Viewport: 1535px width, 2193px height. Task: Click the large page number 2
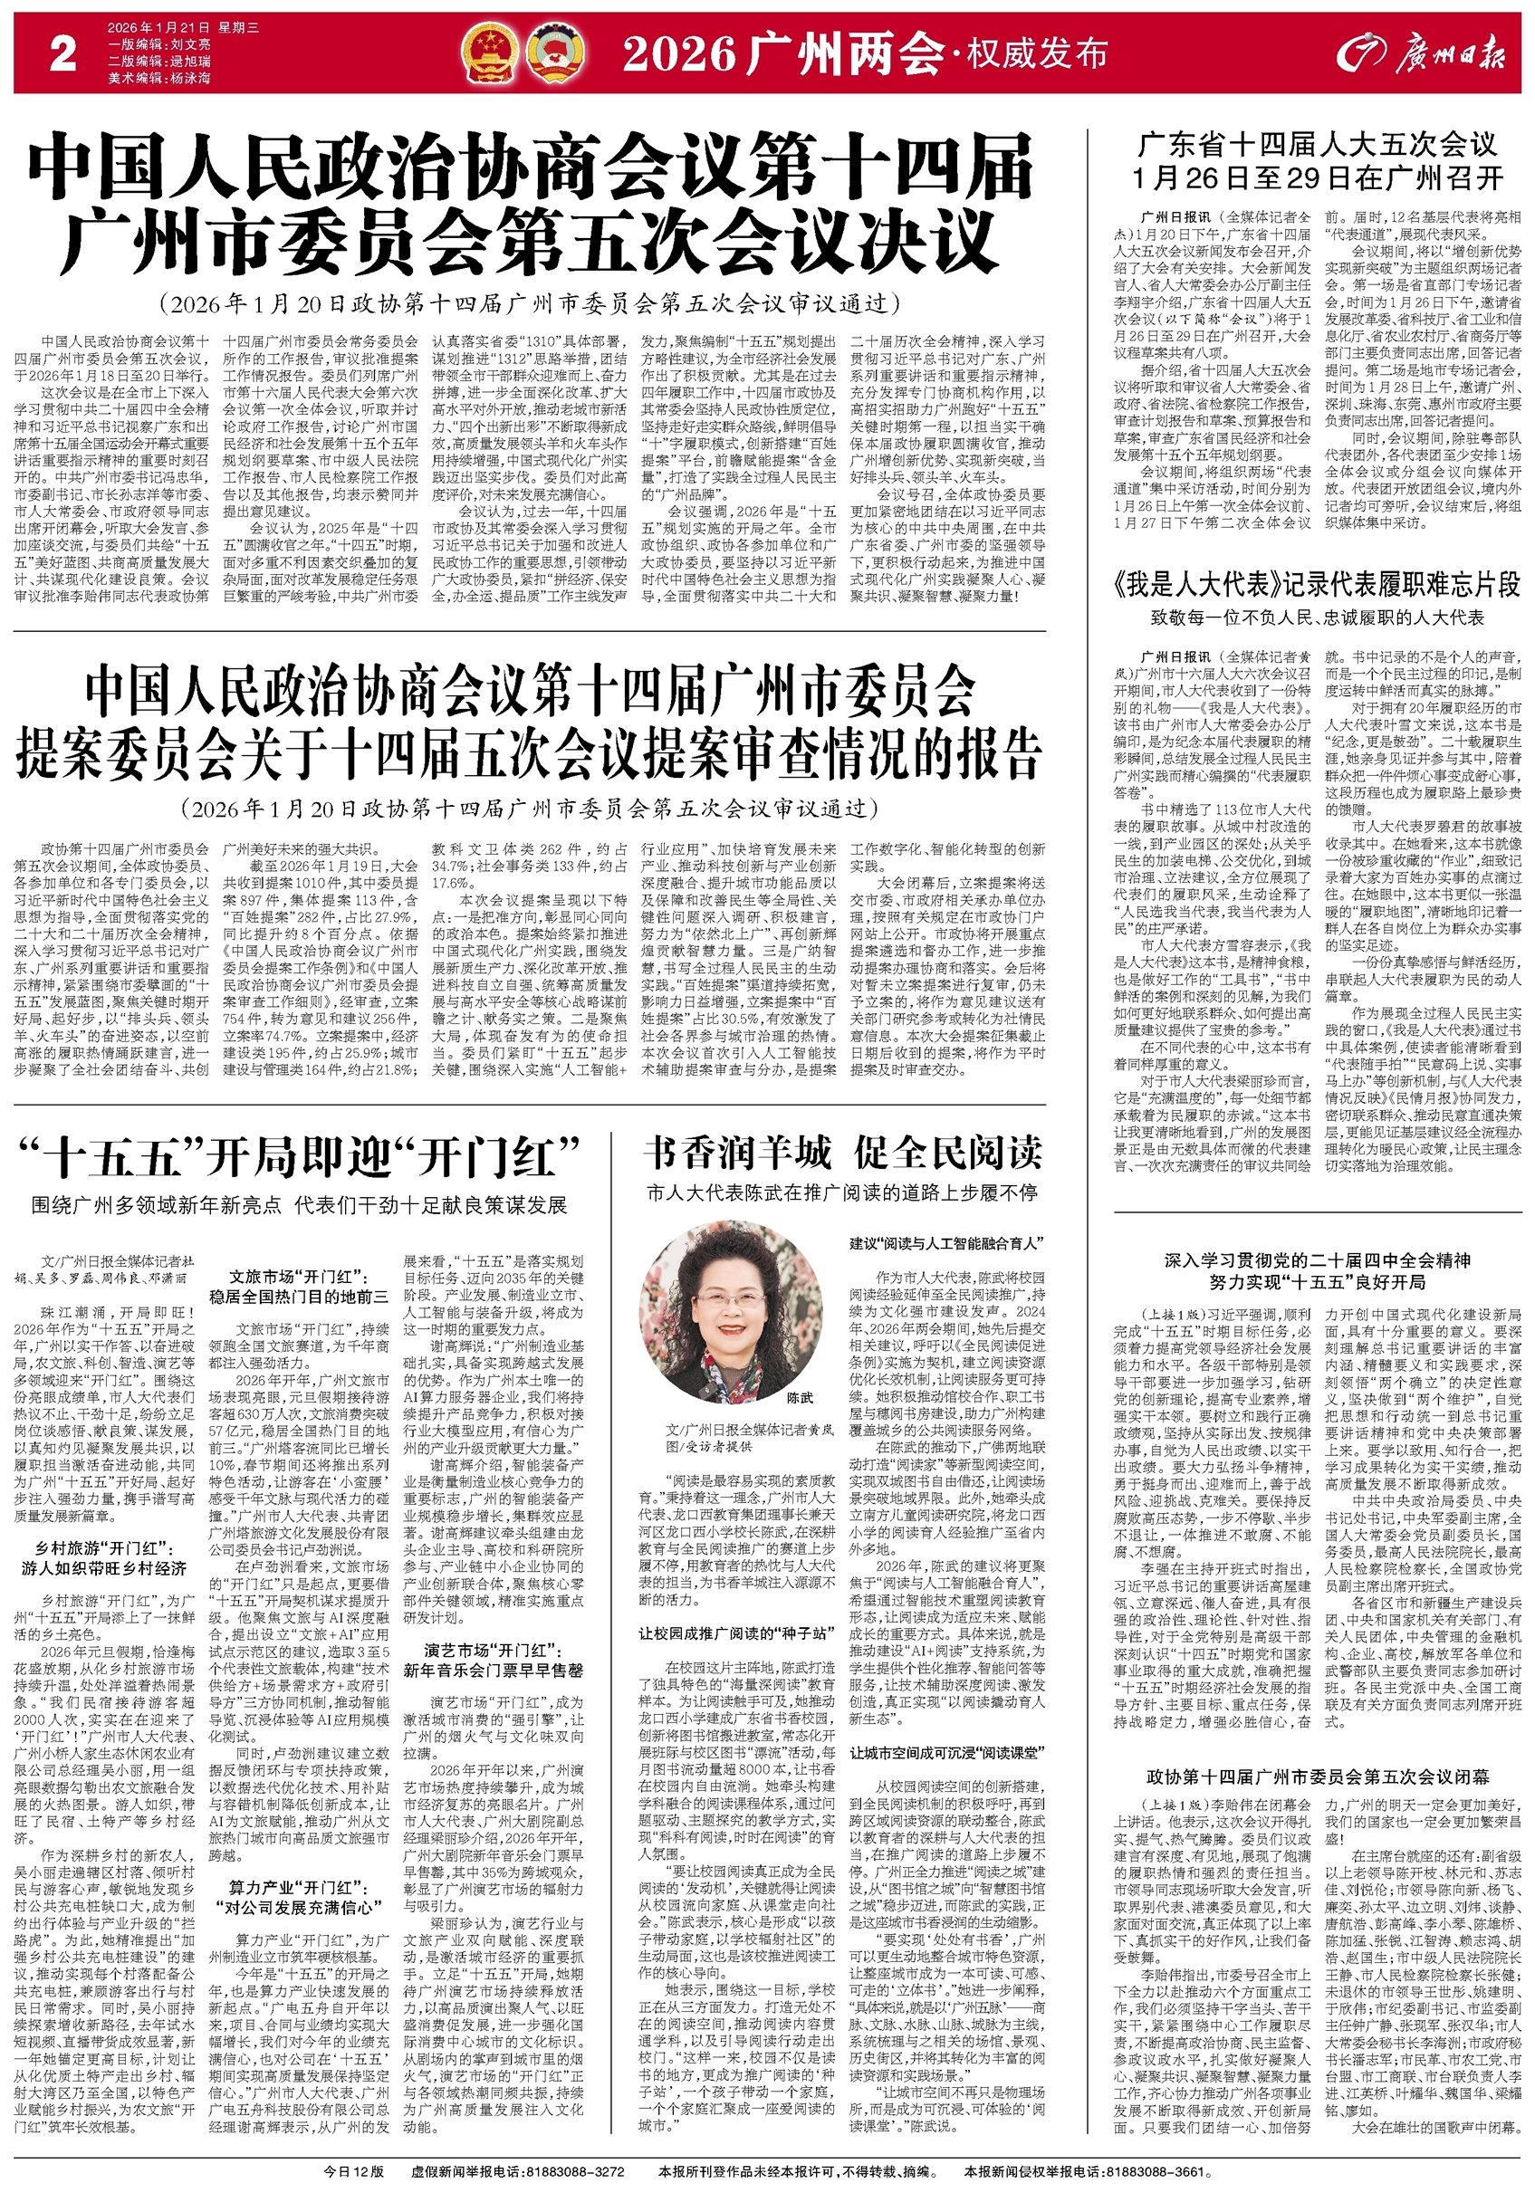coord(63,55)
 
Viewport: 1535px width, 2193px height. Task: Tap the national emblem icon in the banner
coord(485,54)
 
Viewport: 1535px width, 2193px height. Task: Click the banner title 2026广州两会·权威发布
coord(865,55)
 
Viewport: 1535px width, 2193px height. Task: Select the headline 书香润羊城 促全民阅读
coord(841,1153)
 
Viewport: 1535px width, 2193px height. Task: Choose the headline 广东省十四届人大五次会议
coord(1318,145)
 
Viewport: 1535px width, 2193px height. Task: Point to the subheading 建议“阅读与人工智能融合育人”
coord(945,1243)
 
